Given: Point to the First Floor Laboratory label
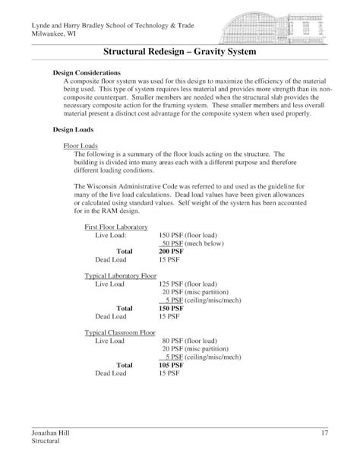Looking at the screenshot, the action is pyautogui.click(x=116, y=226).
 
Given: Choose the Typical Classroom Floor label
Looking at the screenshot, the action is pyautogui.click(x=122, y=332).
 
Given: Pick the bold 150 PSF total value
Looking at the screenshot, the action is pyautogui.click(x=172, y=308).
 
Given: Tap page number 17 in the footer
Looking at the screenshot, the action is pyautogui.click(x=323, y=432).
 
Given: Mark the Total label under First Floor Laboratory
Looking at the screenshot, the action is pyautogui.click(x=124, y=250).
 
